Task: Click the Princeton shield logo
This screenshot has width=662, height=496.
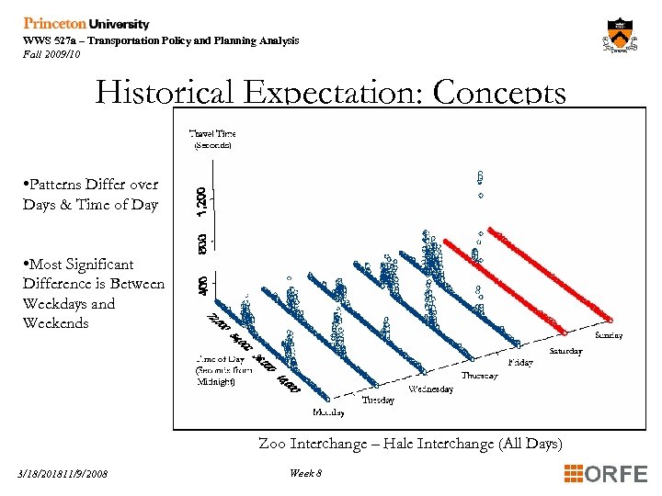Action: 621,38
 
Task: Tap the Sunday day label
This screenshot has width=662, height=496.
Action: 608,335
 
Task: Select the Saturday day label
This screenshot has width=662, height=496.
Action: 565,351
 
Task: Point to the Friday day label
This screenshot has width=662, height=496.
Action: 519,363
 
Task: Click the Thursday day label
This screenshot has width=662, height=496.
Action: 479,376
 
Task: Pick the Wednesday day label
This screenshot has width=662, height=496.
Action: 430,389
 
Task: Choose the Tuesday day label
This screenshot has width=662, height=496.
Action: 378,400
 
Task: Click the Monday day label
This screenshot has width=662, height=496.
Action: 329,412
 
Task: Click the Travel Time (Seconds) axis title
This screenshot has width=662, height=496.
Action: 211,139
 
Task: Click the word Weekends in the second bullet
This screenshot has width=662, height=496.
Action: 56,323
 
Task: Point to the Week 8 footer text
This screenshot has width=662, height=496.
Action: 305,473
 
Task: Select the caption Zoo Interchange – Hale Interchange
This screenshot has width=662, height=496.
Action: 410,444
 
